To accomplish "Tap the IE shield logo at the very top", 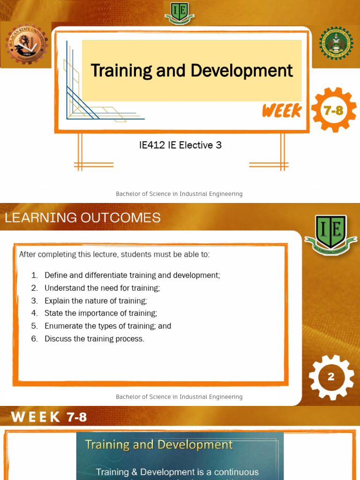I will tap(180, 12).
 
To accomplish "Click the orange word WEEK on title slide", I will tap(282, 111).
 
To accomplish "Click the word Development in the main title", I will tap(242, 71).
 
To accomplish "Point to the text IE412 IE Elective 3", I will tap(180, 145).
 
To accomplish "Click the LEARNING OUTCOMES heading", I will tap(82, 217).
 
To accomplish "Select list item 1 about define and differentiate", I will tap(132, 275).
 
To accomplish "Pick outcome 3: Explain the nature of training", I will tap(96, 300).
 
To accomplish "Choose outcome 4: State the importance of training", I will tap(101, 313).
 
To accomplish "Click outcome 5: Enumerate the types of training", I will tap(108, 326).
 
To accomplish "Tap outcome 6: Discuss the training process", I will tap(94, 338).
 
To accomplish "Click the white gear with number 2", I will tap(331, 377).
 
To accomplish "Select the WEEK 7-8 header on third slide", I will tap(49, 417).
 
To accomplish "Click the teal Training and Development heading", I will tap(158, 444).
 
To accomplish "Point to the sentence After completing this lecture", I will tap(114, 255).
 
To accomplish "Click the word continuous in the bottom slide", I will tap(234, 472).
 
